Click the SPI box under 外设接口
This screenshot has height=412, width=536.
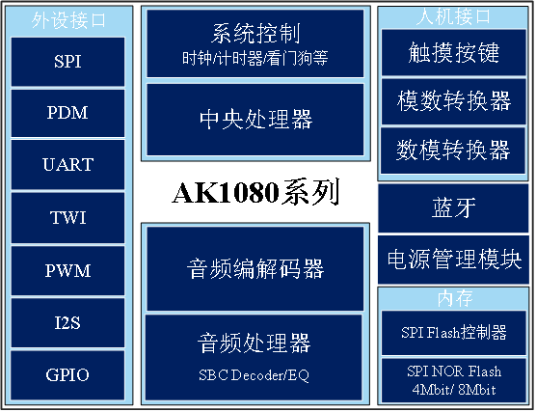pyautogui.click(x=67, y=60)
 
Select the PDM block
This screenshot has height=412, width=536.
pyautogui.click(x=67, y=112)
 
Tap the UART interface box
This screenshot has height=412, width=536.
pyautogui.click(x=67, y=164)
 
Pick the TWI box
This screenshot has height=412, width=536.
pyautogui.click(x=67, y=217)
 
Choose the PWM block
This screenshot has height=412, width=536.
pyautogui.click(x=67, y=270)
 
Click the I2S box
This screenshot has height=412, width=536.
pyautogui.click(x=67, y=322)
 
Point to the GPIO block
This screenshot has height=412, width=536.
pyautogui.click(x=67, y=374)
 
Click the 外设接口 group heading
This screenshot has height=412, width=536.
pyautogui.click(x=67, y=18)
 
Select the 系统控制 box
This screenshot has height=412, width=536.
pyautogui.click(x=255, y=44)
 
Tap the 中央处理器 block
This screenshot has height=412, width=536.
pyautogui.click(x=255, y=120)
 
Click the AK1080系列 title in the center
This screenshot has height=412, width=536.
pyautogui.click(x=255, y=193)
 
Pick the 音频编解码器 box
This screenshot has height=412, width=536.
pyautogui.click(x=255, y=268)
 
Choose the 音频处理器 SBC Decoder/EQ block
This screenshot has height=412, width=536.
pyautogui.click(x=255, y=353)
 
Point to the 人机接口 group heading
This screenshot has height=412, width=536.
pyautogui.click(x=454, y=17)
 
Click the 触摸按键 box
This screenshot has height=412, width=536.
pyautogui.click(x=454, y=53)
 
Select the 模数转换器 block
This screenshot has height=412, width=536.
pyautogui.click(x=454, y=101)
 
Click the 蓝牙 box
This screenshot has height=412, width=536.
pyautogui.click(x=454, y=208)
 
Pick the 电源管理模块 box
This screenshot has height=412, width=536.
pyautogui.click(x=454, y=259)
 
